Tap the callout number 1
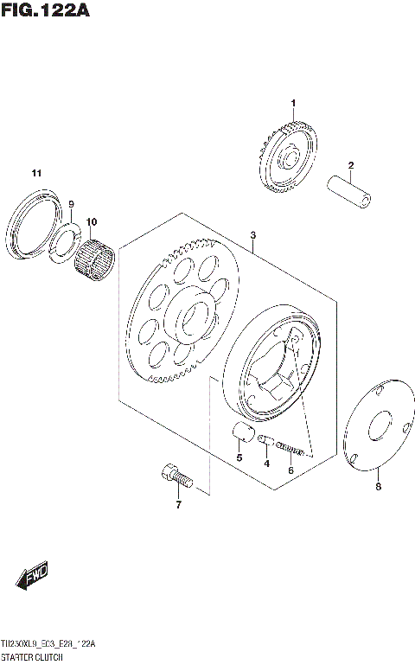[293, 104]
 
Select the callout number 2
[352, 164]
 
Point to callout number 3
[252, 234]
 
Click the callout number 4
[266, 464]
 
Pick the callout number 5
[239, 457]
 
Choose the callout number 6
[290, 470]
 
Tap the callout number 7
[178, 504]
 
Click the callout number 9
[72, 204]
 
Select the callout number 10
[92, 221]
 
